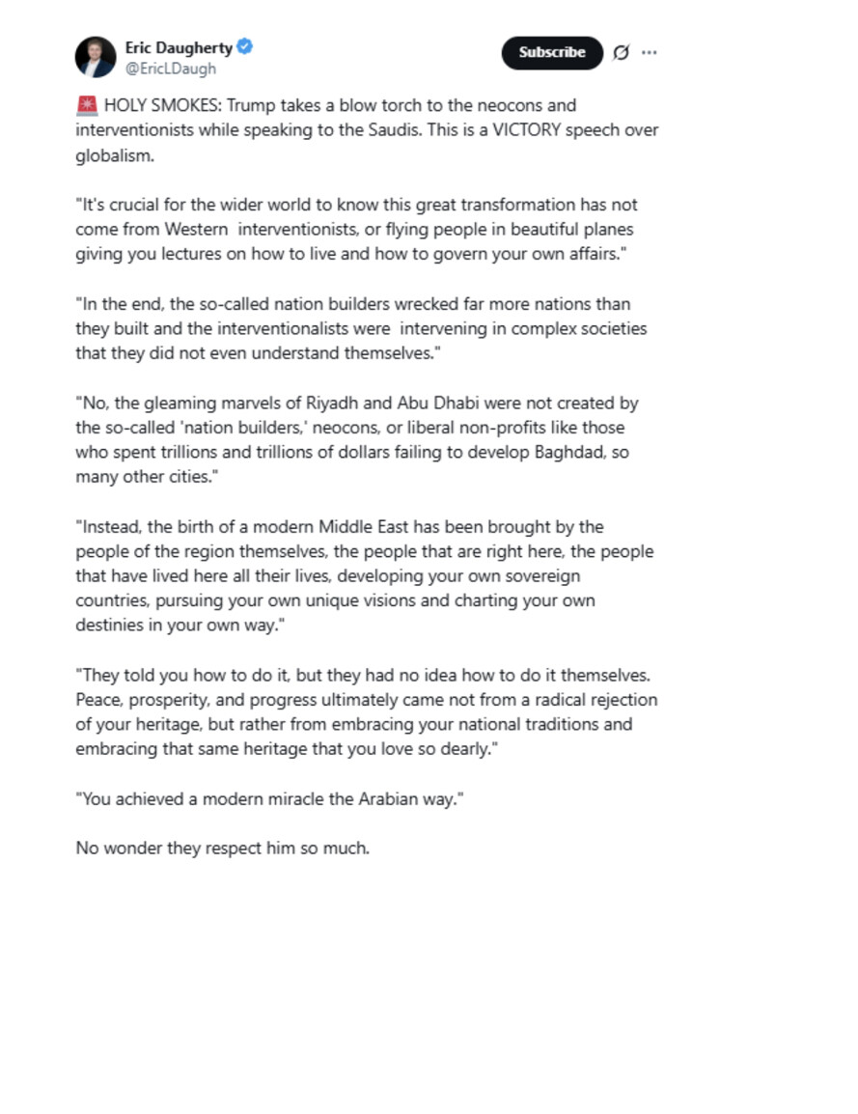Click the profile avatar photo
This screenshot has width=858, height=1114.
(96, 57)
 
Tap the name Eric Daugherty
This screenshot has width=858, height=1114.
(179, 47)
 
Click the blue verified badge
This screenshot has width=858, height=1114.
(246, 46)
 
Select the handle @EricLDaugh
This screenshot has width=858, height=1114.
(171, 69)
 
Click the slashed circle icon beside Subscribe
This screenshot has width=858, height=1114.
(622, 52)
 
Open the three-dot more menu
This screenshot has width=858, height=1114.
(650, 52)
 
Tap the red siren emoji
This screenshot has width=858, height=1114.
(86, 105)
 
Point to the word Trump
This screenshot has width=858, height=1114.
(250, 105)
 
